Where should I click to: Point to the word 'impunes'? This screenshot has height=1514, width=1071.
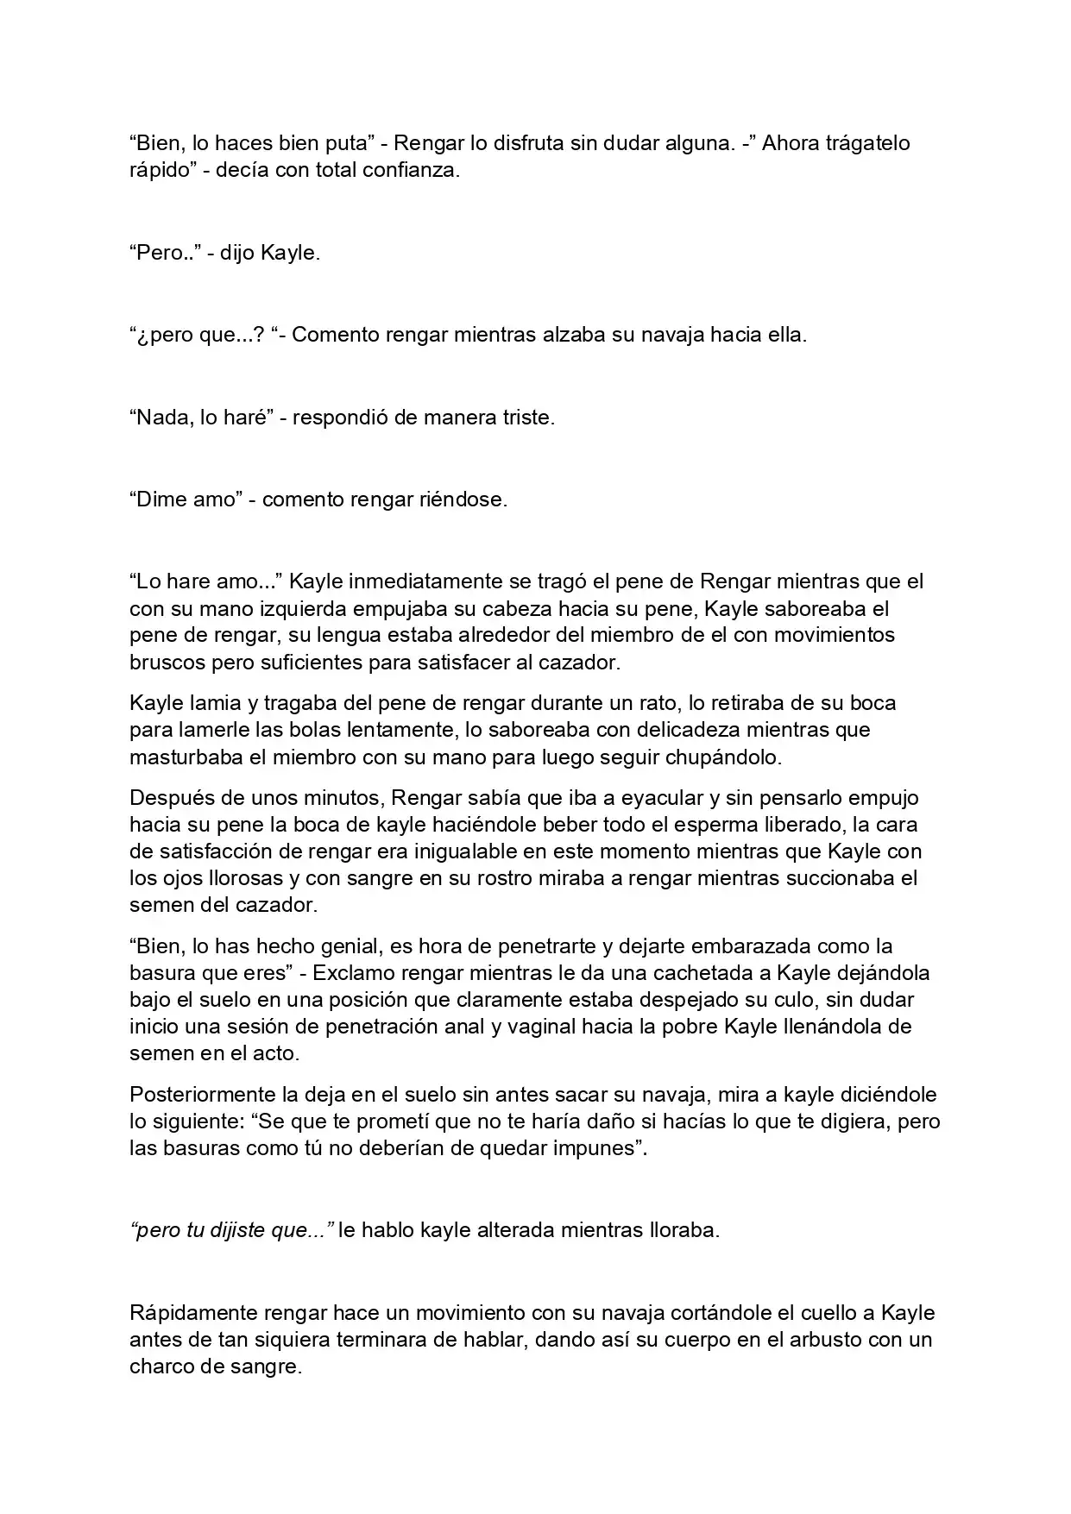(x=595, y=1149)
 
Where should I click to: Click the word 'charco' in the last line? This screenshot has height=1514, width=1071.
(x=163, y=1367)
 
